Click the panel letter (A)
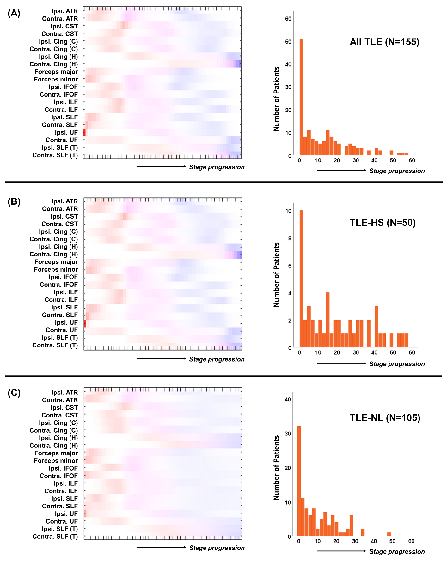click(x=14, y=13)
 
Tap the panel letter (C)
click(x=14, y=393)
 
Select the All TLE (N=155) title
click(x=384, y=42)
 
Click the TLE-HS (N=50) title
click(x=383, y=223)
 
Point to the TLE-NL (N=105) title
click(x=385, y=418)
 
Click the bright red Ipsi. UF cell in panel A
click(x=84, y=132)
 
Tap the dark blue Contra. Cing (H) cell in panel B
click(x=240, y=255)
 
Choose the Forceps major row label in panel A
click(x=56, y=72)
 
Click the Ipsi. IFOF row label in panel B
click(x=63, y=277)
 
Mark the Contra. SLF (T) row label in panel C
click(x=55, y=536)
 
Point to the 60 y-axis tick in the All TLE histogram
click(x=288, y=19)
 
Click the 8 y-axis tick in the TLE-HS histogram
click(x=290, y=238)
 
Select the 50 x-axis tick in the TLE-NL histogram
click(x=392, y=541)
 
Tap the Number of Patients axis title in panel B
click(x=276, y=275)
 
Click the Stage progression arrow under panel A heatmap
click(x=161, y=166)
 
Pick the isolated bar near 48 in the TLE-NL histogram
click(x=389, y=534)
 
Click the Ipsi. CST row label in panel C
click(x=64, y=407)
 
